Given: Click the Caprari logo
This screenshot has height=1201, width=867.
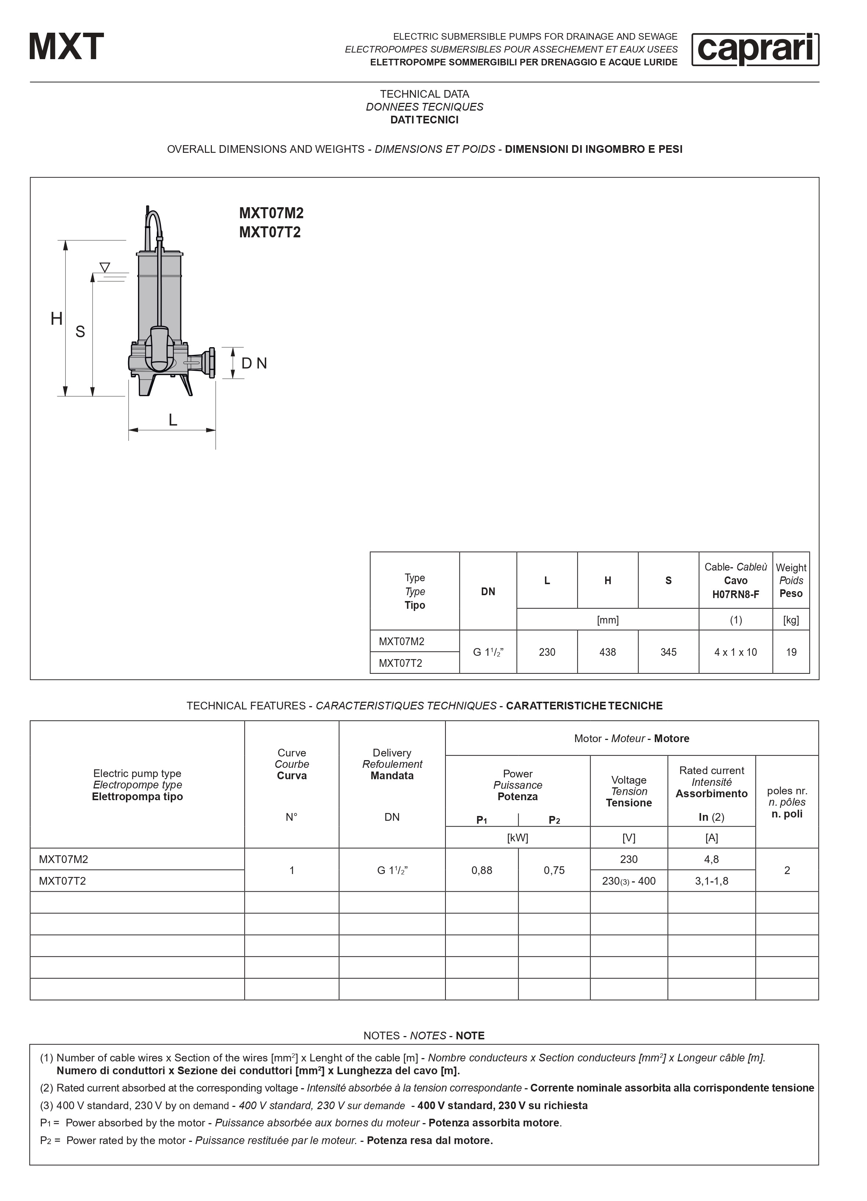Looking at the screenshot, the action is (755, 49).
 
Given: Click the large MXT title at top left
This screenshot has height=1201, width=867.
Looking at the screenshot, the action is (67, 47).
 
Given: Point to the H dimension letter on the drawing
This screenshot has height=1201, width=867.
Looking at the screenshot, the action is (57, 319).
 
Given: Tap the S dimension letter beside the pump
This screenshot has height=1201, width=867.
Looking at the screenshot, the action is (80, 331).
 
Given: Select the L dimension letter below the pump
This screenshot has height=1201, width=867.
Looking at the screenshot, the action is (173, 420).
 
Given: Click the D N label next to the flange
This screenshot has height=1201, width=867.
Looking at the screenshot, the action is (254, 363).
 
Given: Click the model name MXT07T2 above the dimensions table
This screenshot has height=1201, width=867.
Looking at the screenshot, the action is (270, 233).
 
